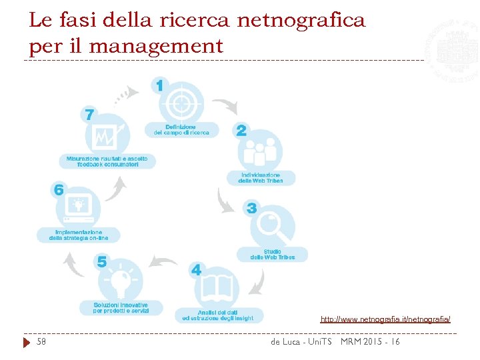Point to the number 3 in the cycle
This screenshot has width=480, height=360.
coord(251,209)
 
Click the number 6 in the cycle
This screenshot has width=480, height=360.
coord(59,190)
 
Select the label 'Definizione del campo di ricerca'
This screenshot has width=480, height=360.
coord(181,129)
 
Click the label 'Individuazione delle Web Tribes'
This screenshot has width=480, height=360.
coord(260,178)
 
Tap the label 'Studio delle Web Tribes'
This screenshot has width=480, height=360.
coord(272,255)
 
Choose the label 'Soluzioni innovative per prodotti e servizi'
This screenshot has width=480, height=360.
coord(121,308)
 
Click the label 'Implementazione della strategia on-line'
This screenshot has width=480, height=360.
coord(78,235)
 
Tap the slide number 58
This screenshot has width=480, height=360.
coord(41,342)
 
